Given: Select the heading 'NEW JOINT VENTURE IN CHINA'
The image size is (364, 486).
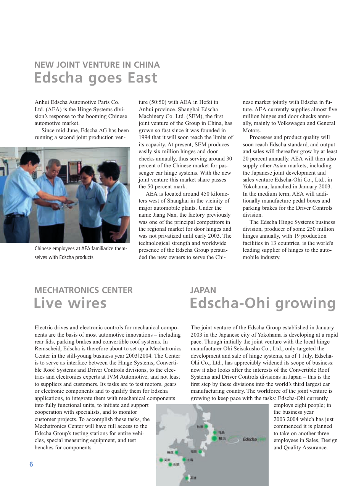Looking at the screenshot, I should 97,65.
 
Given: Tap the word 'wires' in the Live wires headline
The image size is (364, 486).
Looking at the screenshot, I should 87,303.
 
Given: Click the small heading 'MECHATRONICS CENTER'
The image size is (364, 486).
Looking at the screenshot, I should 83,290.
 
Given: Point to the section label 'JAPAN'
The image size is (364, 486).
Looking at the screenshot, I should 203,290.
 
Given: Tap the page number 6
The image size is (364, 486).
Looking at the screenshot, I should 31,464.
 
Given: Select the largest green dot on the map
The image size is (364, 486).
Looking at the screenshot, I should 215,438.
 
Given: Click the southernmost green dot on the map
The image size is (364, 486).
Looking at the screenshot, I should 187,478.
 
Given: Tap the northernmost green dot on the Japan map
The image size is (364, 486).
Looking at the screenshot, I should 206,426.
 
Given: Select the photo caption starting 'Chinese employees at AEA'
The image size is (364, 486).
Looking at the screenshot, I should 81,253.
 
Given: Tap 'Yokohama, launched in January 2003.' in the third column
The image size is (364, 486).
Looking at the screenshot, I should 287,187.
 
